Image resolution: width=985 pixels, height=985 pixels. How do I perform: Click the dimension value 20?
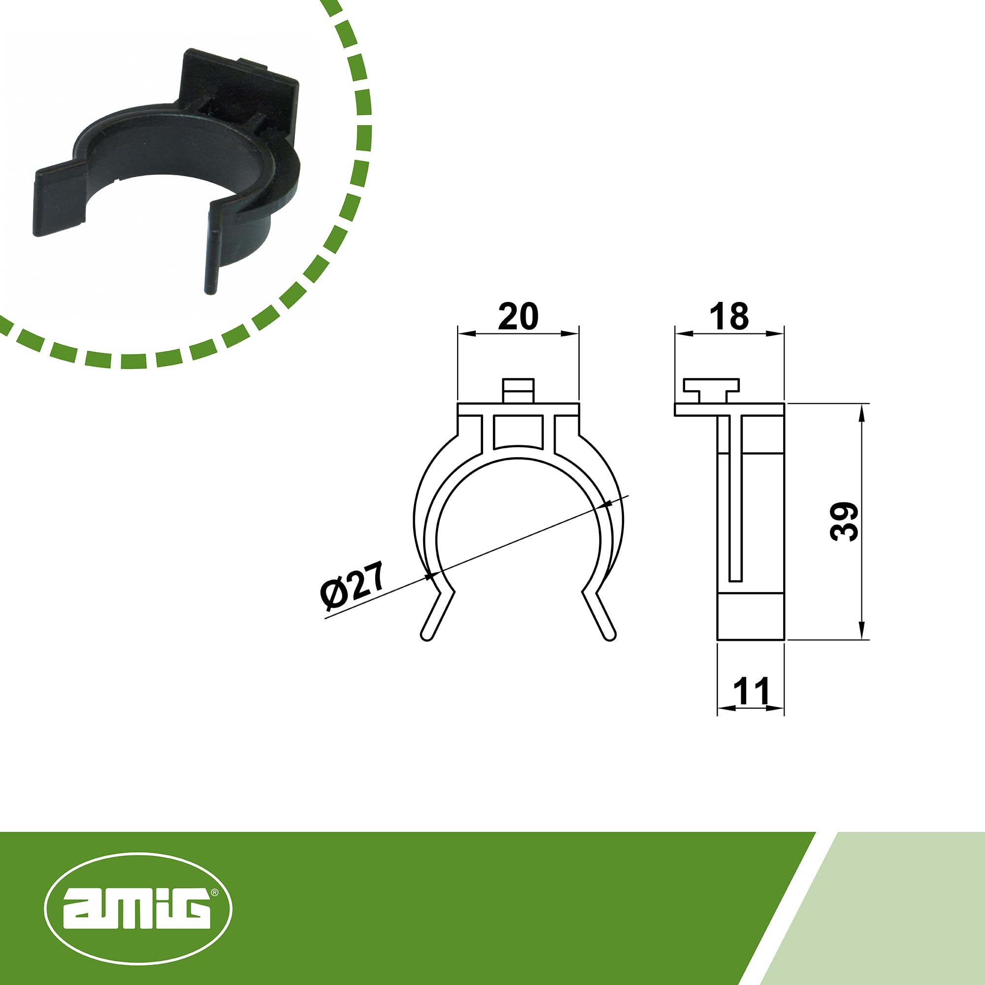[518, 317]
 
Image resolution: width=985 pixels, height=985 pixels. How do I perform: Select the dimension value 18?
[729, 317]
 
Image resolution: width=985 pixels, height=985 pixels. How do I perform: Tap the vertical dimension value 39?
[844, 521]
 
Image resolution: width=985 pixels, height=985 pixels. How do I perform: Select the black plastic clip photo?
[168, 168]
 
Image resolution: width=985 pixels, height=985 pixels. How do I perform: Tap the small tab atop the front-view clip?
[518, 390]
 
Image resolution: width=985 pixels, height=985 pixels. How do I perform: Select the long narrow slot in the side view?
[735, 499]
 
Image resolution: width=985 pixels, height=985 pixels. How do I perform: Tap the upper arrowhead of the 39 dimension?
[861, 411]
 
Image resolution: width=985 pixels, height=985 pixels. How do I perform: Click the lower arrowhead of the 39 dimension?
[861, 632]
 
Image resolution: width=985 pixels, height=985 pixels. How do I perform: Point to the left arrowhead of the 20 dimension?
[465, 333]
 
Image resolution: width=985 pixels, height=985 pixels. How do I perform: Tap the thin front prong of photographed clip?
[211, 255]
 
